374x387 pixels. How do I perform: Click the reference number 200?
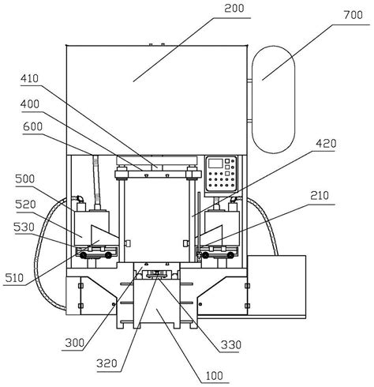click(x=234, y=9)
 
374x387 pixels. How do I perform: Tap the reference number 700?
click(x=353, y=15)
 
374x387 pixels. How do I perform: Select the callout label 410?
click(x=30, y=78)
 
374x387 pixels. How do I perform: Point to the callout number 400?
click(x=30, y=104)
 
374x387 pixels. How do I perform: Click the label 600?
click(x=32, y=126)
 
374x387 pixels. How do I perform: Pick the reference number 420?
click(x=326, y=144)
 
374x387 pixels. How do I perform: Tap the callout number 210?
click(x=320, y=196)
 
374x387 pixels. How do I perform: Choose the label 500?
click(x=25, y=179)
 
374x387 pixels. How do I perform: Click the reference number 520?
click(x=25, y=205)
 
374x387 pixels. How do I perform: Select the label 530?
click(x=24, y=227)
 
